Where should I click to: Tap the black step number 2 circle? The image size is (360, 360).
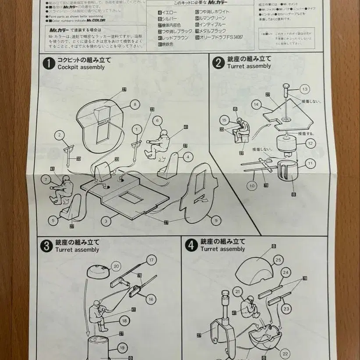[x=218, y=63]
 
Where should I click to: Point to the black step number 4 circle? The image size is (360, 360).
[x=191, y=246]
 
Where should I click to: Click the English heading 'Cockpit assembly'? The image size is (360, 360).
[x=81, y=67]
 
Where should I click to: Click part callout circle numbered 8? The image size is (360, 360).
[x=135, y=104]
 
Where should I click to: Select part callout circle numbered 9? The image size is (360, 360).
[x=215, y=221]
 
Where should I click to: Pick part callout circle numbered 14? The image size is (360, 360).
[x=257, y=104]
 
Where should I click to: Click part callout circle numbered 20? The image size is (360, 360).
[x=116, y=266]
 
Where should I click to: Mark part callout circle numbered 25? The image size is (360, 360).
[x=278, y=260]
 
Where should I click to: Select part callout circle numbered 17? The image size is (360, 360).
[x=152, y=260]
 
